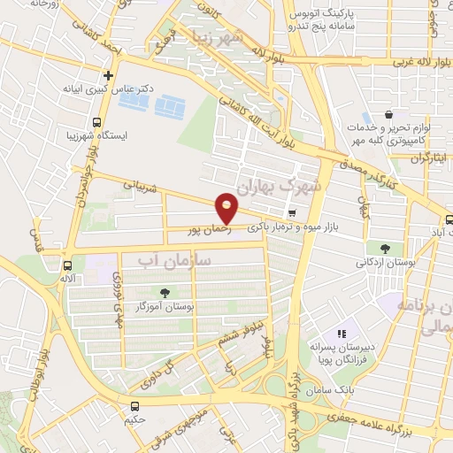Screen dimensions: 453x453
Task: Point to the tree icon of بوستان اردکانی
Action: pyautogui.click(x=385, y=249)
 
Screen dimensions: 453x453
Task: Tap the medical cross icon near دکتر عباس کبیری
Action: pyautogui.click(x=108, y=76)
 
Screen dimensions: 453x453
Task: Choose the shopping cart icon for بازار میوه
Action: pyautogui.click(x=292, y=213)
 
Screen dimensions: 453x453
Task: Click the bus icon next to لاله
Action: pyautogui.click(x=68, y=265)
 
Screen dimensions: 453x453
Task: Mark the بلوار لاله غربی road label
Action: pyautogui.click(x=397, y=63)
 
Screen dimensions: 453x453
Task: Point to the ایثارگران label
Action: pyautogui.click(x=429, y=157)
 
